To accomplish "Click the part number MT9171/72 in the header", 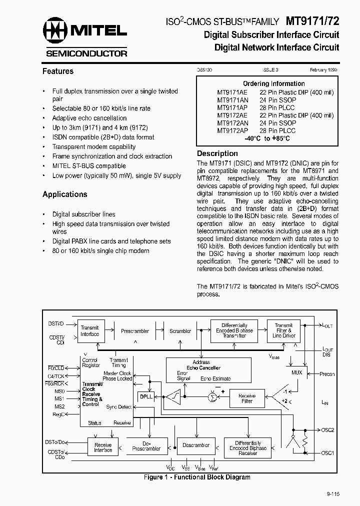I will [312, 21].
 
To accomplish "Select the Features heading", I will [58, 71].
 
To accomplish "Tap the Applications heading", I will [65, 194].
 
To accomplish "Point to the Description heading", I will [217, 153].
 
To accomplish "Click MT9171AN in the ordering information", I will [232, 100].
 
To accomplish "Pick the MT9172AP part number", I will [232, 130].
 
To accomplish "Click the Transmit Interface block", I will [90, 331].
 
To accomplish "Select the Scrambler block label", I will [180, 331].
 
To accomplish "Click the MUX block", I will [297, 372].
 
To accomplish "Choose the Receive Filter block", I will [247, 398].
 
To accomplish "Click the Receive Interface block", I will [103, 447].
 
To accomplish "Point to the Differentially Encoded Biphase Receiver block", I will [248, 448].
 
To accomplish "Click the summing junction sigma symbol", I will [211, 397].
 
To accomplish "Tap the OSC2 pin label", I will [327, 429].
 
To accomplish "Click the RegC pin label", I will [58, 414].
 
